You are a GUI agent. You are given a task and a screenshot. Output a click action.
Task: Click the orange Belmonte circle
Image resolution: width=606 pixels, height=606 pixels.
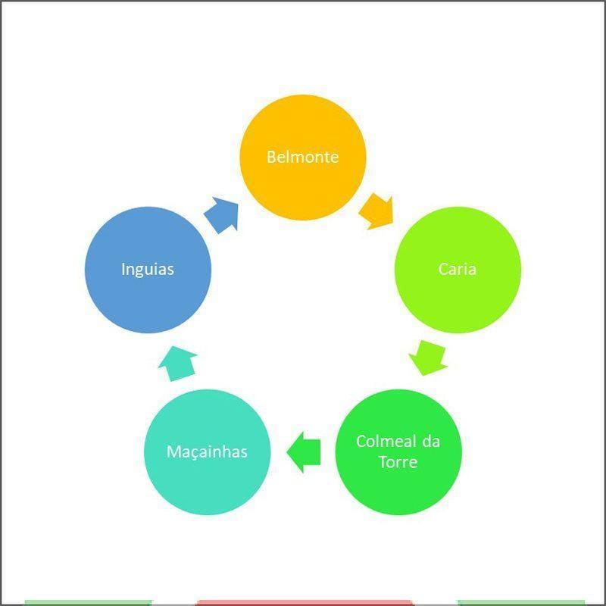(x=302, y=158)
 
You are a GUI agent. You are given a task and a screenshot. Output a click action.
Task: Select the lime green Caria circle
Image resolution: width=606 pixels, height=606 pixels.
(x=458, y=270)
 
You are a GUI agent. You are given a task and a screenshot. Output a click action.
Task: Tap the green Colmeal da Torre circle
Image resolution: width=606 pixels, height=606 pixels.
(x=398, y=451)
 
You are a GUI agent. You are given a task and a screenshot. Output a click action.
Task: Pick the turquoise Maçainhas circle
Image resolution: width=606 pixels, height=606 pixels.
(x=207, y=451)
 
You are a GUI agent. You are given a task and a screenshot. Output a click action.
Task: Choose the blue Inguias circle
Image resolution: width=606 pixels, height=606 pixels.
(x=148, y=270)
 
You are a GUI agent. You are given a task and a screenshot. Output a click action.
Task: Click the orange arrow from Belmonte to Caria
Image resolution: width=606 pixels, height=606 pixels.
(x=376, y=212)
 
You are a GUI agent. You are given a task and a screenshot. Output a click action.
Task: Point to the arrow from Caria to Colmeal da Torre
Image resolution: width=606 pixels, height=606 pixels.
(x=428, y=358)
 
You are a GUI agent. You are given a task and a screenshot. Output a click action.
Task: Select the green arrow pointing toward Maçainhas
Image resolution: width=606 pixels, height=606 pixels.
(x=304, y=451)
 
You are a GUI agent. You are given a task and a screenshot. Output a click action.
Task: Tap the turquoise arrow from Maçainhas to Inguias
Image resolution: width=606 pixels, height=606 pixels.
(x=178, y=364)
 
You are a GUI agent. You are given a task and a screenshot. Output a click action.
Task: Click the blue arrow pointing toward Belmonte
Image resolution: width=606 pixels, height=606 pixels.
(x=222, y=214)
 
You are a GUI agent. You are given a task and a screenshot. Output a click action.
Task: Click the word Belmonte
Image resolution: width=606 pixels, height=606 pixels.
(x=302, y=157)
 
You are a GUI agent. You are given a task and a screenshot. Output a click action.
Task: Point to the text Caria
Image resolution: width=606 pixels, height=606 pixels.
(x=458, y=269)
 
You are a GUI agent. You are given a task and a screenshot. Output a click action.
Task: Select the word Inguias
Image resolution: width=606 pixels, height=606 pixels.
(x=148, y=270)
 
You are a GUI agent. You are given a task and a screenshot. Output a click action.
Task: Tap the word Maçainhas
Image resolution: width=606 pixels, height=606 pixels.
(x=207, y=451)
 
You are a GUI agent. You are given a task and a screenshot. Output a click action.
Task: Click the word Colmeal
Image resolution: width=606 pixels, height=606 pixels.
(x=386, y=442)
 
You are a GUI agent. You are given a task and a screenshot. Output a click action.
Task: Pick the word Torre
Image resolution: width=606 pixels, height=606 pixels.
(x=398, y=462)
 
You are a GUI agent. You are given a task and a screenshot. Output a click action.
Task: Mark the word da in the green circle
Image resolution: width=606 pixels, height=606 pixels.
(x=431, y=442)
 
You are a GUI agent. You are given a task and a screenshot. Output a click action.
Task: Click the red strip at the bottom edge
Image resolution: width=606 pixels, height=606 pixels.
(x=305, y=603)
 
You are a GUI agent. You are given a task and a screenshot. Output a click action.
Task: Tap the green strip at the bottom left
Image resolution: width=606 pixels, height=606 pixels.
(x=88, y=603)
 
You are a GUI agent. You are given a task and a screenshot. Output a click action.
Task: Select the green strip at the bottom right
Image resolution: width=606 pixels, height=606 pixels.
(x=521, y=603)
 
